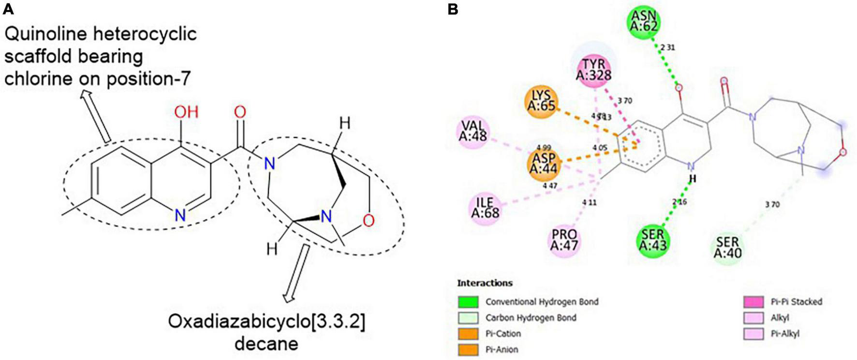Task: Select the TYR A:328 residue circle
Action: coord(593,69)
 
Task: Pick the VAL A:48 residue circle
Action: coord(473,131)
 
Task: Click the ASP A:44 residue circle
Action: coord(544,163)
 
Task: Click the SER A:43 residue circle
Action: coord(652,240)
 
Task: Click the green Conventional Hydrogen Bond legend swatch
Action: coord(468,302)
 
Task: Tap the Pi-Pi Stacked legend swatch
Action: coord(753,302)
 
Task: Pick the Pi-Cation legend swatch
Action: coord(468,334)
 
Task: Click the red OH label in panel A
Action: coord(186,112)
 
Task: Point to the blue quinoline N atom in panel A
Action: coord(180,215)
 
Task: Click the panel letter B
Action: coord(453,9)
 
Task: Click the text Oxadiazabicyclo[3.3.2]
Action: coord(266,321)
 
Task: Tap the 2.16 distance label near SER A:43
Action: coord(680,202)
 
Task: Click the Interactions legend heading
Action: coord(485,283)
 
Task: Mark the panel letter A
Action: coord(8,9)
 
